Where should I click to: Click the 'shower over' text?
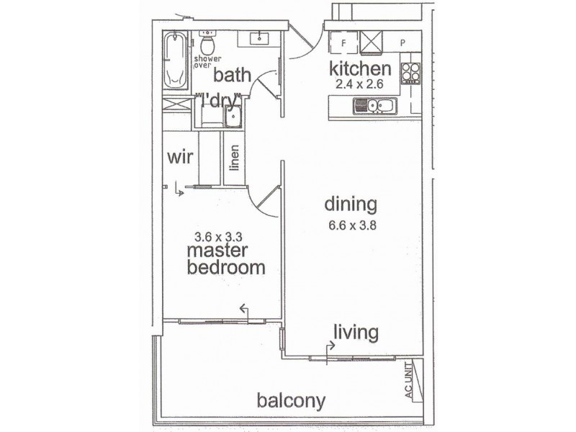(207, 61)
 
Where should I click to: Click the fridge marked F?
(343, 42)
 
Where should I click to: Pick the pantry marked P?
(403, 42)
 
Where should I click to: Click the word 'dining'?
(350, 205)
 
